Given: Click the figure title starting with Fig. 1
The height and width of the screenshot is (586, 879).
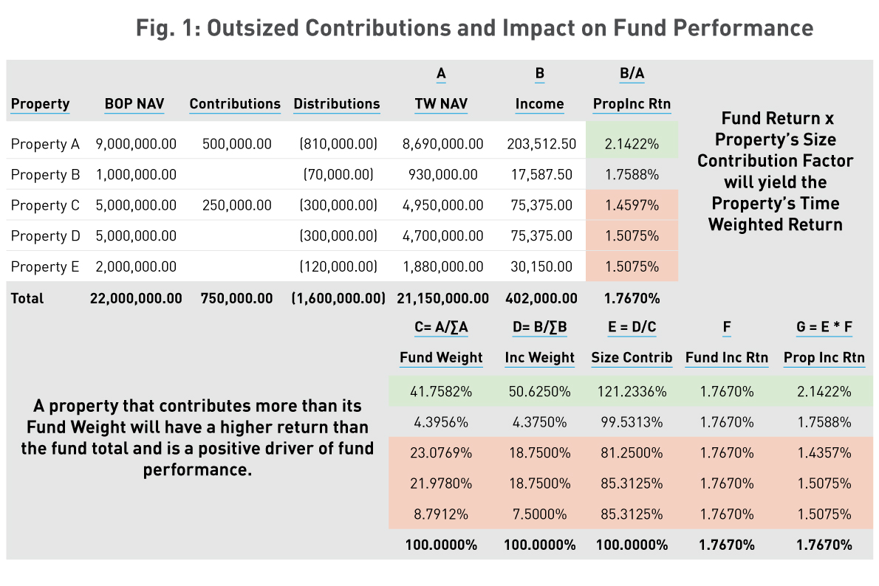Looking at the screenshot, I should (x=474, y=28).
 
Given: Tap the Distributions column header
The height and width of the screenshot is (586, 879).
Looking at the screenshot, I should (x=337, y=104).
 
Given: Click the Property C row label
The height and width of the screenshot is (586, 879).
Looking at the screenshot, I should (x=45, y=205).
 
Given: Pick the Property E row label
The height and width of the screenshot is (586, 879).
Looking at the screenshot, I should (x=45, y=266).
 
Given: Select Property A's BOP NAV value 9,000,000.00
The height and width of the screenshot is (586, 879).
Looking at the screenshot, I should (x=136, y=144).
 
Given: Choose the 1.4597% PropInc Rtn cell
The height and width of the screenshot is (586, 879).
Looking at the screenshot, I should (x=632, y=205).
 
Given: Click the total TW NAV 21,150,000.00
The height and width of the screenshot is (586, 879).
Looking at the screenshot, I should (x=441, y=298).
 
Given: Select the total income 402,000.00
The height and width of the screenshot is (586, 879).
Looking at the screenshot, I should (x=541, y=298).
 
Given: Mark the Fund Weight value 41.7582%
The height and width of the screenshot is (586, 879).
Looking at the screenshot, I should (x=441, y=391).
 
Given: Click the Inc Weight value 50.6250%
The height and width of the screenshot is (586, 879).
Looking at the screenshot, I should (x=539, y=391).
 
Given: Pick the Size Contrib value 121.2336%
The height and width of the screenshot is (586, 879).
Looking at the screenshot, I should (x=632, y=391).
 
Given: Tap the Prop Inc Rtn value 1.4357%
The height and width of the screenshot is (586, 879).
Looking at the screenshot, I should (x=824, y=452).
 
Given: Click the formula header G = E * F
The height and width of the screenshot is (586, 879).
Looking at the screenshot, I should (x=824, y=326).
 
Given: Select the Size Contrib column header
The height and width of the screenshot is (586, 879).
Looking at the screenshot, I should (x=632, y=358).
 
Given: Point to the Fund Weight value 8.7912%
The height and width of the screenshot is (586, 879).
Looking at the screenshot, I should (x=441, y=514).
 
